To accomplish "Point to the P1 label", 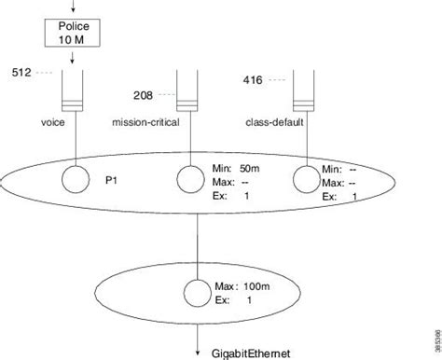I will (x=112, y=173).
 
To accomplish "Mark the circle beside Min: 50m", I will (x=189, y=176).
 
